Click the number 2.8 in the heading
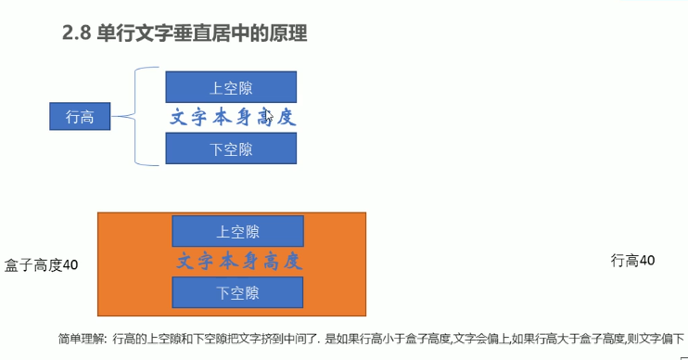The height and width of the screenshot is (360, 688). [x=76, y=33]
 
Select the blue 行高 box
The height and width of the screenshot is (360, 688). [x=80, y=116]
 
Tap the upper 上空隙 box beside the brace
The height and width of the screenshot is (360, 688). [x=231, y=87]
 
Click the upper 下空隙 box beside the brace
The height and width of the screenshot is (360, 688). [x=231, y=148]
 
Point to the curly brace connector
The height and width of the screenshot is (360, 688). [x=135, y=116]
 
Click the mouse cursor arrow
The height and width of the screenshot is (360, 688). [x=269, y=117]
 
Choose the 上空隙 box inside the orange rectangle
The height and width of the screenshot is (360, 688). [x=237, y=231]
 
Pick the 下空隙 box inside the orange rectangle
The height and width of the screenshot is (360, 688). [x=237, y=292]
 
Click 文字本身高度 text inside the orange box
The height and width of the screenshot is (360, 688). [x=239, y=262]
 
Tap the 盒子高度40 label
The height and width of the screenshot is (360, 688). [x=41, y=265]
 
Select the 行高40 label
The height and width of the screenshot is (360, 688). [x=632, y=261]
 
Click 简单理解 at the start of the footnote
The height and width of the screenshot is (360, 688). [x=81, y=339]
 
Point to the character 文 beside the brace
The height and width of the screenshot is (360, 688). [x=179, y=117]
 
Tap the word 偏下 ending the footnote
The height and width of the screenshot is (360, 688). [x=673, y=339]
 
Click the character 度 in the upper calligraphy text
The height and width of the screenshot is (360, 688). [x=287, y=117]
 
